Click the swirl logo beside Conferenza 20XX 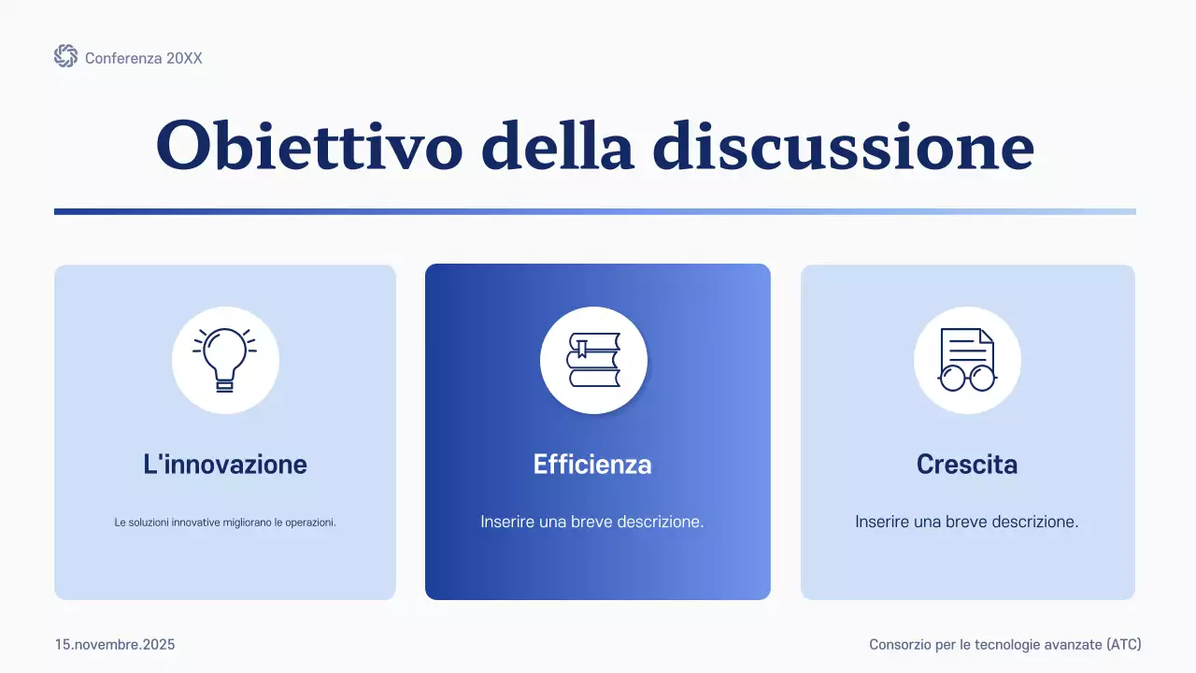click(65, 57)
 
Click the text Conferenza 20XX click(143, 58)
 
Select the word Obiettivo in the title click(309, 145)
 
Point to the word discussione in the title click(843, 145)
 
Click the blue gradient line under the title click(594, 211)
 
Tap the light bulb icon click(225, 359)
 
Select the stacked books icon click(593, 360)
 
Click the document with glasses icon click(967, 360)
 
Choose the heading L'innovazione click(225, 464)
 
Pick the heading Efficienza click(592, 464)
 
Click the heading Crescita click(967, 464)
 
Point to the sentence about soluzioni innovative click(225, 523)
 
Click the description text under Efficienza click(592, 522)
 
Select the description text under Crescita click(967, 522)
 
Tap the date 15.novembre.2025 click(115, 645)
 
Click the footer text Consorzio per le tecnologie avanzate click(985, 645)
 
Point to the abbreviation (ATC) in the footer click(1123, 645)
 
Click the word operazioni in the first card click(309, 523)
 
